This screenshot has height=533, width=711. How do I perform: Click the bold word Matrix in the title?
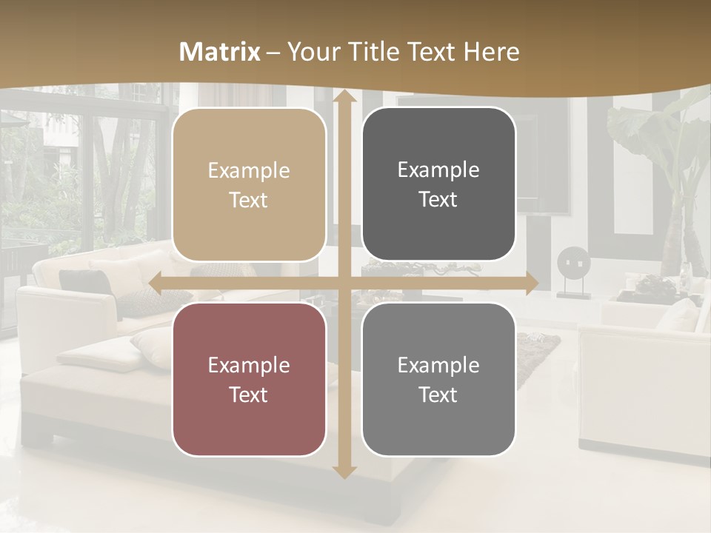pos(220,52)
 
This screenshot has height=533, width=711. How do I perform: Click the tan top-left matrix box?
pos(249,185)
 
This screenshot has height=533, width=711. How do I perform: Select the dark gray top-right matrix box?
pos(438,184)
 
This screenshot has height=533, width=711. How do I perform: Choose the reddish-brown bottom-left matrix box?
pos(249,379)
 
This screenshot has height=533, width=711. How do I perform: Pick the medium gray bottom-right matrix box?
pos(438,379)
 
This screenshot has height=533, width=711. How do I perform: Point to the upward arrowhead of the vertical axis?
pos(344,96)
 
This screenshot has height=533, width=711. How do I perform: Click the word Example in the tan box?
pos(249,171)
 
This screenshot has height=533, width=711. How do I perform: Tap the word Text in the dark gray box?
pos(438,200)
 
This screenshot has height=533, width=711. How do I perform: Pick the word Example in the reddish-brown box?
pos(249,365)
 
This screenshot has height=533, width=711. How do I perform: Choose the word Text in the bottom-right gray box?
pos(438,395)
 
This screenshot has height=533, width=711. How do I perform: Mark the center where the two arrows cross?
pos(344,283)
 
